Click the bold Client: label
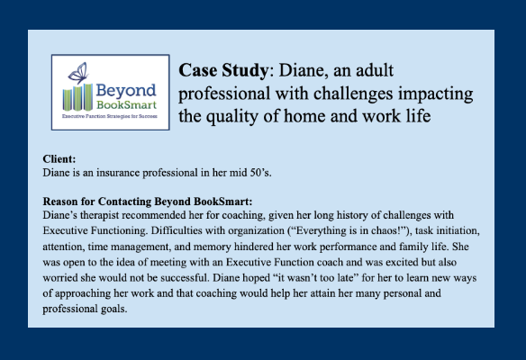[x=59, y=159]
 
